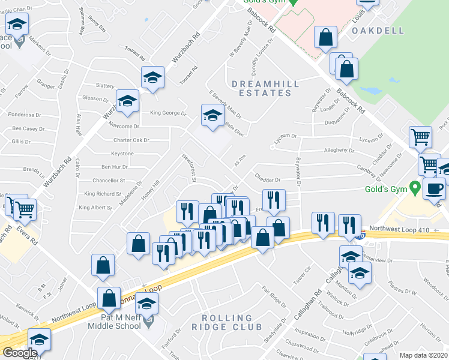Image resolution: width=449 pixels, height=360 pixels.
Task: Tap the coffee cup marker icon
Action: (434, 188)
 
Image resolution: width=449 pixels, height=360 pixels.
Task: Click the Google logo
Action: (19, 353)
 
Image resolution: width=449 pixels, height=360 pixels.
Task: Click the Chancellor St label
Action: (109, 180)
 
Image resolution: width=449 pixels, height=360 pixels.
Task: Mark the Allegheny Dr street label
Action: (340, 151)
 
